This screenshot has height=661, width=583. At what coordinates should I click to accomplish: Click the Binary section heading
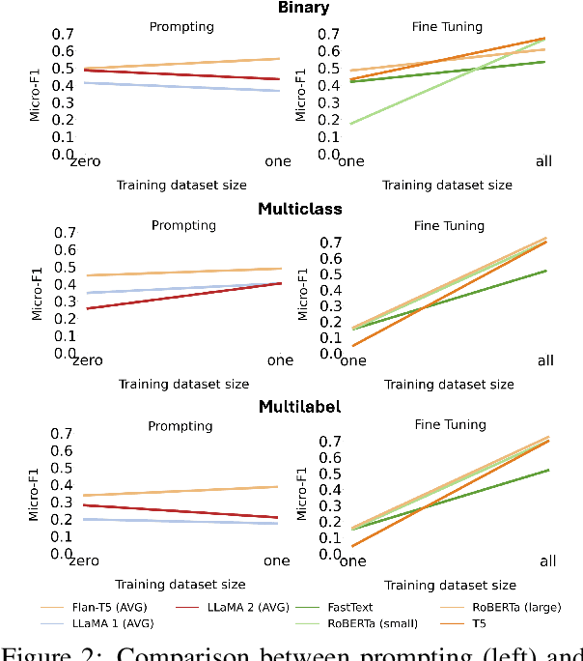pos(304,8)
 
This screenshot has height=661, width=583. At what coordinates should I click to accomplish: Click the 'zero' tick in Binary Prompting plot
pos(85,161)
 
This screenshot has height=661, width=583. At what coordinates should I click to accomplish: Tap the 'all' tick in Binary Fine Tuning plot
pos(544,161)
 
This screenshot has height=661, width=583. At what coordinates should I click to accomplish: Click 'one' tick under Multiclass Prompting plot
pos(280,360)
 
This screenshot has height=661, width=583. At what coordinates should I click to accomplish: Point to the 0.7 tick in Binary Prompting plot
pos(63,34)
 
